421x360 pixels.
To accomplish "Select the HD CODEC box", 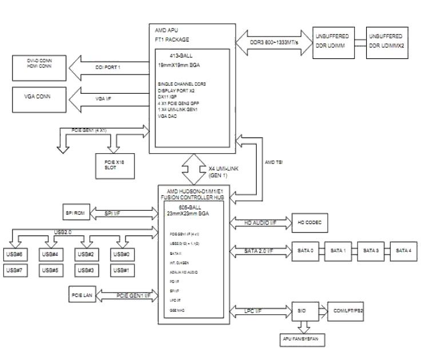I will click(309, 222).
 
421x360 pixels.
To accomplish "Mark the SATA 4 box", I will click(404, 250).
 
